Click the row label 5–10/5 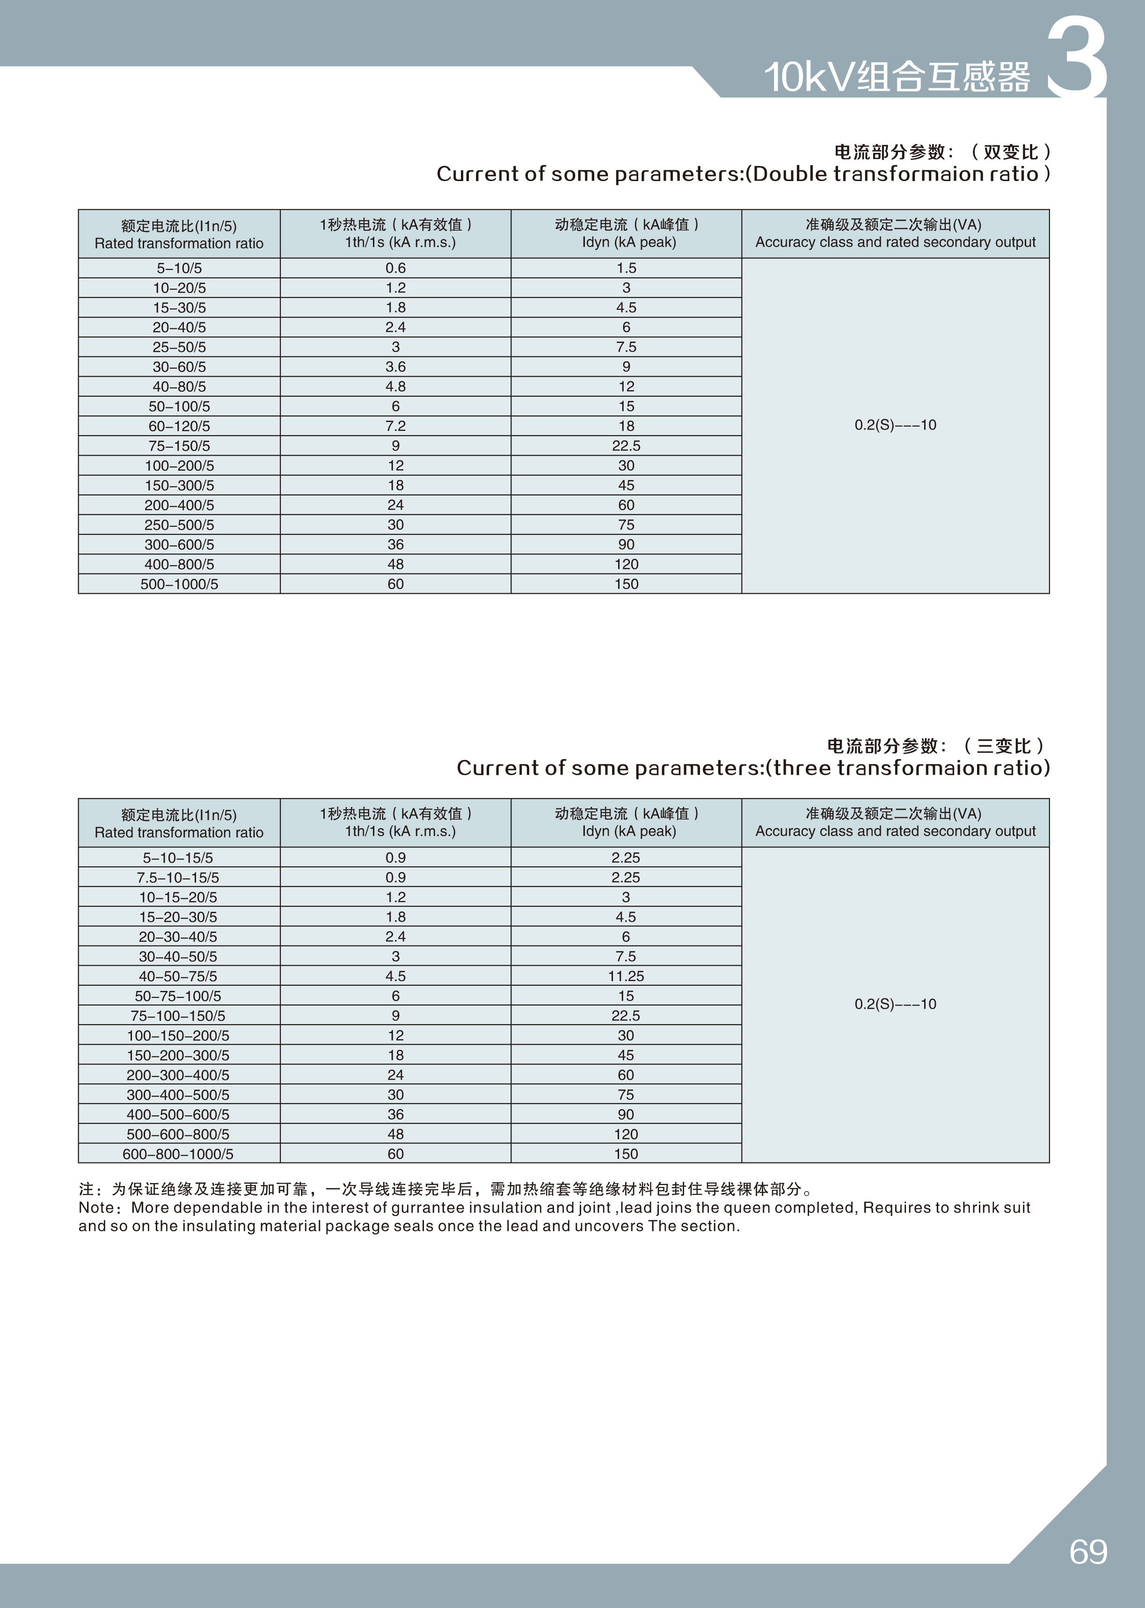click(179, 268)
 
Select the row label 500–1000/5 click(179, 584)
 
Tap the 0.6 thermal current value click(395, 268)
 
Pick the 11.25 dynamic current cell click(626, 975)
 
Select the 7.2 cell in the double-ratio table click(395, 426)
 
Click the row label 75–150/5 click(179, 445)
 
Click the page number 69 click(1088, 1551)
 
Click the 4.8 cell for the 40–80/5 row click(395, 386)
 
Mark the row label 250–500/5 click(179, 524)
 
